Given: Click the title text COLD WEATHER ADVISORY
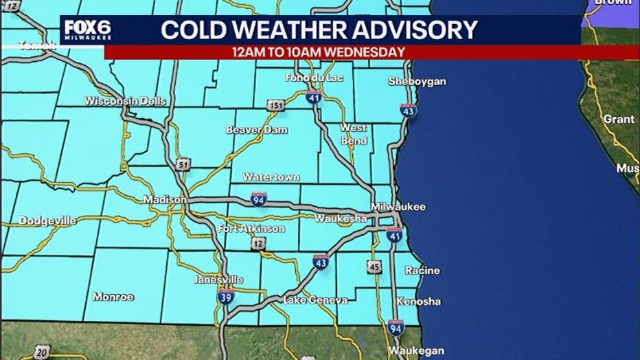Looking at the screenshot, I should point(319,30).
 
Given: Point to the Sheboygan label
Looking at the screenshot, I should point(417,81).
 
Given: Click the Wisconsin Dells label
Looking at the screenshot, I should point(125,101).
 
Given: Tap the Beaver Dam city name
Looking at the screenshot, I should point(257,130).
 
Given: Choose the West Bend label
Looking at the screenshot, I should point(354,134).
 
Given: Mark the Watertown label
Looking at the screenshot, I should point(271,177).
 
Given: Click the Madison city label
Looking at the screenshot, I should point(164,200).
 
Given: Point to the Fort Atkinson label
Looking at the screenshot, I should point(251,228).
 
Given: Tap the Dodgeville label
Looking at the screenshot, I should point(47,221).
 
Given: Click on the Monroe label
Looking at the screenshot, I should point(113,297).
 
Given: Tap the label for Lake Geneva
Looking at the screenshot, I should point(315,300).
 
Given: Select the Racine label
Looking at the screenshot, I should point(422,270).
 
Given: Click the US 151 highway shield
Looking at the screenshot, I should point(276,105).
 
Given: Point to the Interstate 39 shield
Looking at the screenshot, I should point(225,296).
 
